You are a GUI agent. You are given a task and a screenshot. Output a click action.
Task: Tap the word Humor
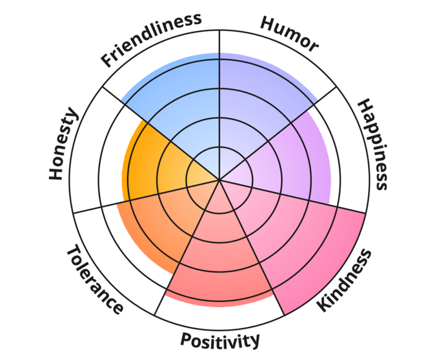(289, 33)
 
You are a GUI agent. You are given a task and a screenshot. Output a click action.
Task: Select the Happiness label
(374, 143)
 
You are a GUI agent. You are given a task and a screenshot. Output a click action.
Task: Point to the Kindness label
(345, 280)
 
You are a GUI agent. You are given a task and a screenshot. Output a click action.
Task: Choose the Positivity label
(219, 339)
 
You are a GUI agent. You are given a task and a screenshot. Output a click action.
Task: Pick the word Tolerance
(94, 279)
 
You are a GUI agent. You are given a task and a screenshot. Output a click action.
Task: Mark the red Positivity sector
(219, 265)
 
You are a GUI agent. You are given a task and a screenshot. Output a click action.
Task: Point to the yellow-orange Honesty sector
(148, 162)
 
